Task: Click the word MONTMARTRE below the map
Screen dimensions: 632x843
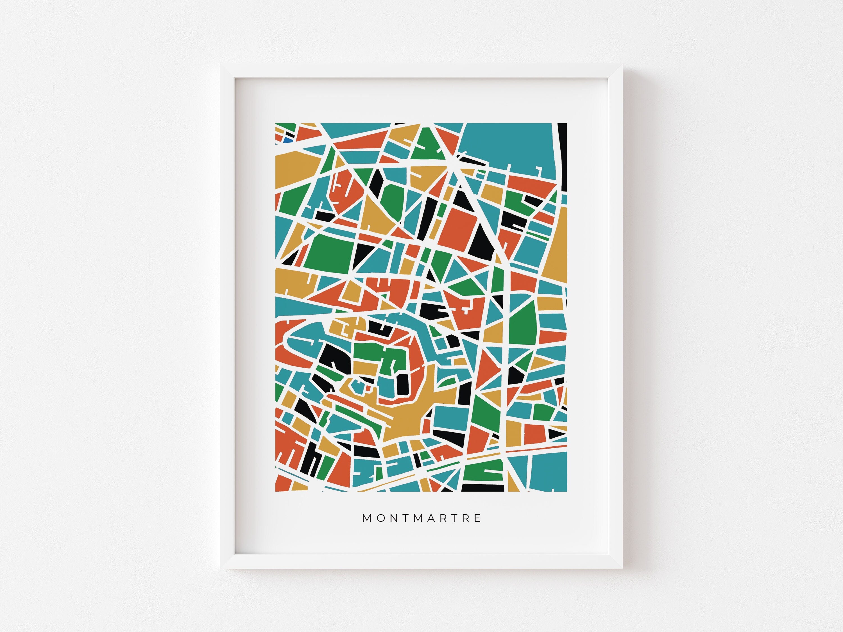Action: click(x=422, y=518)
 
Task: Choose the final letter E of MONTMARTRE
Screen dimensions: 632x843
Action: click(x=478, y=518)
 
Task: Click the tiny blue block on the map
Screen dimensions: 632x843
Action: click(x=288, y=140)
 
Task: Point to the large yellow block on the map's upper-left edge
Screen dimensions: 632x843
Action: click(x=295, y=170)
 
